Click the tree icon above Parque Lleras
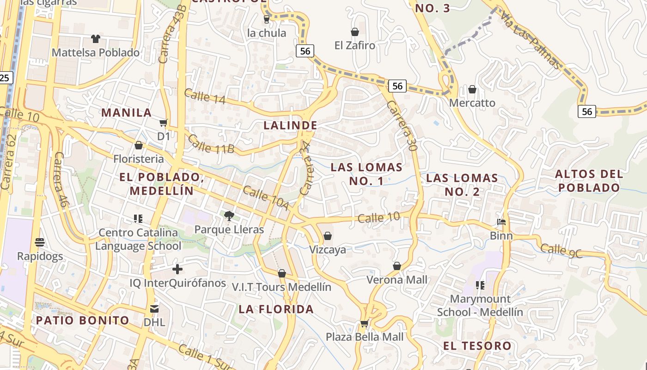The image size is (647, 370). tap(229, 216)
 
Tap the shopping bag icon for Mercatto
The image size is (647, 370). tap(472, 89)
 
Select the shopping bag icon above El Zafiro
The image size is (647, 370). tap(355, 32)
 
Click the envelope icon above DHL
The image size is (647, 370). tap(154, 308)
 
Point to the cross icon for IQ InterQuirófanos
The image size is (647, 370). tap(177, 269)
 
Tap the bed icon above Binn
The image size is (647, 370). tap(501, 222)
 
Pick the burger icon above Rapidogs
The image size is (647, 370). tap(40, 242)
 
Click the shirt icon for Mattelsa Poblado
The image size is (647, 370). tap(96, 39)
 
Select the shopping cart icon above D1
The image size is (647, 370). tap(163, 123)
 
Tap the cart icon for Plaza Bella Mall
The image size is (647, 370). tap(364, 323)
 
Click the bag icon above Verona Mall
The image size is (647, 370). tap(397, 266)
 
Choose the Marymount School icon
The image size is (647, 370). tap(480, 285)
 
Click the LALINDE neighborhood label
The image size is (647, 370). tap(290, 125)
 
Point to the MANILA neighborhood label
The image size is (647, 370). tap(126, 112)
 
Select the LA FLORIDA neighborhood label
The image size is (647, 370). tap(276, 309)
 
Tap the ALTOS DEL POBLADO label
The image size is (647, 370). tap(589, 181)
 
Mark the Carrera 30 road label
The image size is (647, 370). tap(403, 126)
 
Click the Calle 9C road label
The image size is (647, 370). tap(561, 250)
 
